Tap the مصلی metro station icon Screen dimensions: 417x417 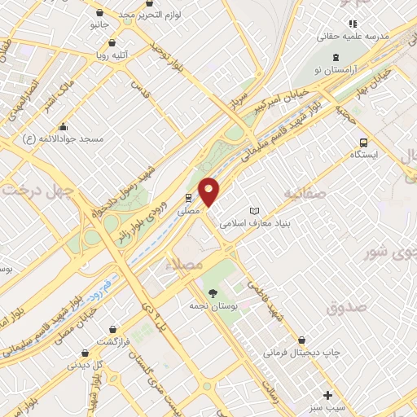click(189, 198)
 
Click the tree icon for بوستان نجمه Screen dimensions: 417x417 click(213, 292)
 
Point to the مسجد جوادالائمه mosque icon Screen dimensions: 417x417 click(64, 126)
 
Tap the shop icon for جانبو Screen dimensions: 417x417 click(99, 13)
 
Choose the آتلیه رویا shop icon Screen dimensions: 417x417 click(111, 44)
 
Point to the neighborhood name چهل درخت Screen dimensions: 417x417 click(37, 191)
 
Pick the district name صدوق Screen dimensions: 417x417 click(347, 307)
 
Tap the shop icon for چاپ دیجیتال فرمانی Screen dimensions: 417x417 click(303, 340)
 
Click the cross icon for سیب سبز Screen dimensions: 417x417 click(327, 394)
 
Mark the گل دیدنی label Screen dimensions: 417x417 click(85, 364)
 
